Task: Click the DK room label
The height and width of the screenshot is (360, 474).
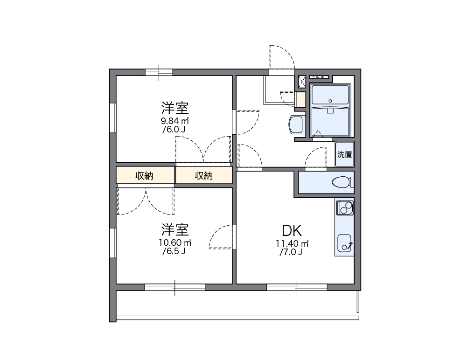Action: tap(292, 230)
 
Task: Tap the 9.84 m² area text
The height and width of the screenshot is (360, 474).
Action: tap(175, 121)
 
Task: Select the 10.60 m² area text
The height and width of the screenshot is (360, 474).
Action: tap(175, 243)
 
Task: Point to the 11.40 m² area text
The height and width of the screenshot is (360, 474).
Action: tap(292, 243)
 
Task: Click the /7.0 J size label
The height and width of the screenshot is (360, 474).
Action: tap(291, 253)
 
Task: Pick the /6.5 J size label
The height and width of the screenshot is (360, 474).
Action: tap(174, 252)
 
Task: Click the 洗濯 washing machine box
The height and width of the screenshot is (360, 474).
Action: tap(345, 154)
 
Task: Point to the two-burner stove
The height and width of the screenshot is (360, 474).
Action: tap(345, 207)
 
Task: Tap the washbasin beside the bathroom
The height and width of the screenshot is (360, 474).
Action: tap(296, 125)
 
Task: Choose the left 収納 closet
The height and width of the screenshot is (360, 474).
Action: tap(145, 176)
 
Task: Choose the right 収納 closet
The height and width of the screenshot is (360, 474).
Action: tap(204, 176)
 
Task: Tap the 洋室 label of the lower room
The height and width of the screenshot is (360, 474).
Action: tap(175, 230)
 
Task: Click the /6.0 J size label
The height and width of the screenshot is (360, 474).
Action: tap(174, 130)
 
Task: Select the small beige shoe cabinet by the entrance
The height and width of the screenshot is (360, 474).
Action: tap(300, 99)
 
